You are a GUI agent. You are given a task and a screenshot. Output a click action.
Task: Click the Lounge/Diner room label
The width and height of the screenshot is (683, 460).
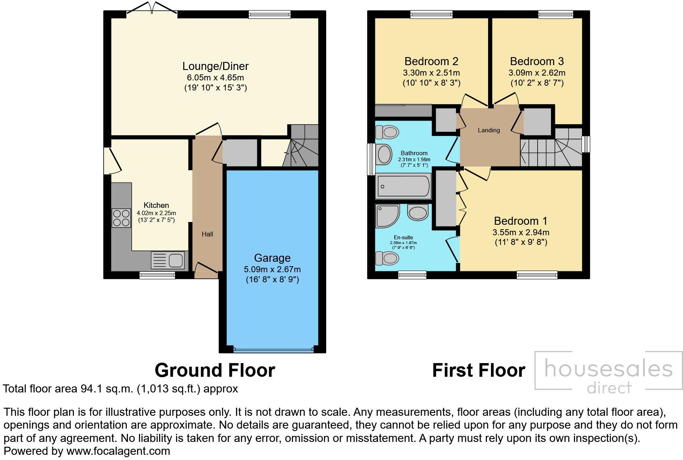[x=215, y=66]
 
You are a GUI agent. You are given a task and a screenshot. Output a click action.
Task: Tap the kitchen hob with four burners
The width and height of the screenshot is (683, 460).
[x=121, y=218]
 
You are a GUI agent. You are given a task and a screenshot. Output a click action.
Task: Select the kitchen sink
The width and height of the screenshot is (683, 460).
[x=168, y=260]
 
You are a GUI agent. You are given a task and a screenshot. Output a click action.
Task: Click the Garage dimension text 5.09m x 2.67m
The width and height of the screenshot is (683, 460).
[x=272, y=269]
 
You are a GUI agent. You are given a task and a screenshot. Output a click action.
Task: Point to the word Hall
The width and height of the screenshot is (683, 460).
[x=207, y=234]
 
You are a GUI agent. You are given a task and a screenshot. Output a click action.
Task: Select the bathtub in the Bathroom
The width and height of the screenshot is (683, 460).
[x=403, y=187]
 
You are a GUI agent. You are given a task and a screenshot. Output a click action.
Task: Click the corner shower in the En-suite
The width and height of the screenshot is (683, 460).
[x=387, y=216]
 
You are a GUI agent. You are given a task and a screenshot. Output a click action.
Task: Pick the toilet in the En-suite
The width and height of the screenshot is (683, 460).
[x=387, y=258]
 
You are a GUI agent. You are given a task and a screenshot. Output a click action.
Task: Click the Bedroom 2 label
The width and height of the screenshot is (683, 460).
[x=431, y=62]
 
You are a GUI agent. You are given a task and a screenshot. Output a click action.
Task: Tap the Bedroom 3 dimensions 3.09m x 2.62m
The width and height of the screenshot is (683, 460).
[x=537, y=73]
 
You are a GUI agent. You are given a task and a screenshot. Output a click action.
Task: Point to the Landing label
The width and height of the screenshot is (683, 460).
[x=489, y=130]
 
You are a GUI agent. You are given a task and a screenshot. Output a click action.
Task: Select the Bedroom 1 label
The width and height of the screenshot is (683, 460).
[x=521, y=221]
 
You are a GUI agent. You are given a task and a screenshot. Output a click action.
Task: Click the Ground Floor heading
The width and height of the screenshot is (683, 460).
[x=215, y=370]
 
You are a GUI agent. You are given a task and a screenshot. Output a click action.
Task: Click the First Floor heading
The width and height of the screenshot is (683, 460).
[x=479, y=370]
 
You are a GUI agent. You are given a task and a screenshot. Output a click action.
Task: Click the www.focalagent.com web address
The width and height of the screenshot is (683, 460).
[x=118, y=451]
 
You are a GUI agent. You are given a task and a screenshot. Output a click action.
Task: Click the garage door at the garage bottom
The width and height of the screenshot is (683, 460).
[x=272, y=349]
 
